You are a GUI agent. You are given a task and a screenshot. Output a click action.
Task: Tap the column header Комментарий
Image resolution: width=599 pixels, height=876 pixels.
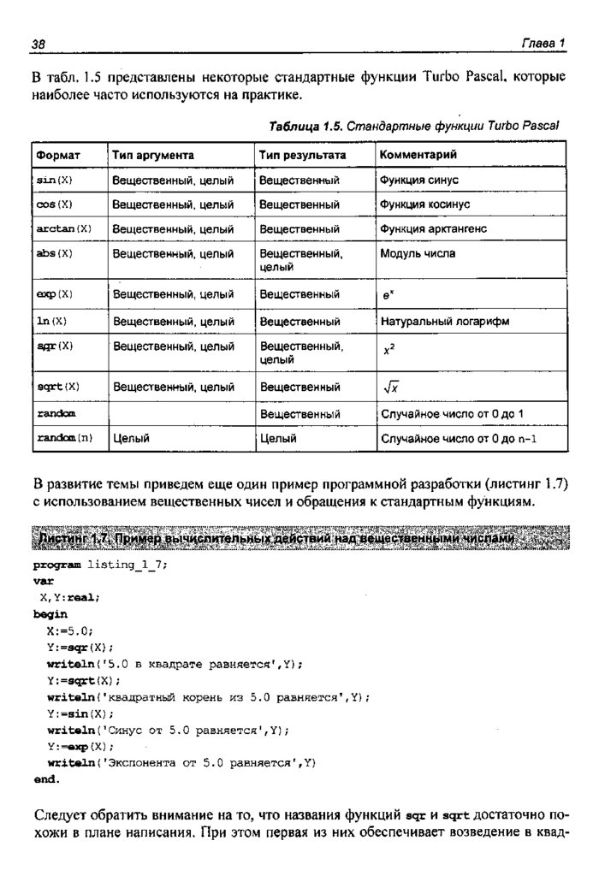(x=418, y=156)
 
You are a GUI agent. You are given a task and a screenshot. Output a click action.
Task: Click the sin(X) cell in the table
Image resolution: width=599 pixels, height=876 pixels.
(x=55, y=181)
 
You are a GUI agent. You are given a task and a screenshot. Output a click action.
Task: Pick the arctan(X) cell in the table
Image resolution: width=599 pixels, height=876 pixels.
(x=64, y=229)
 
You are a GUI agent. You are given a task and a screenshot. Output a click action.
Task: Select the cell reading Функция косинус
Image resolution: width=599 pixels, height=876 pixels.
(x=425, y=205)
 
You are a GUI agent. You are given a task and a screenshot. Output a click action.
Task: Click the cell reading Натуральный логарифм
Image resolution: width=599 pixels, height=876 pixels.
(x=445, y=322)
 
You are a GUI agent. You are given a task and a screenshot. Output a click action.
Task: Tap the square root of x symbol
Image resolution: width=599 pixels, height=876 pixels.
(x=392, y=388)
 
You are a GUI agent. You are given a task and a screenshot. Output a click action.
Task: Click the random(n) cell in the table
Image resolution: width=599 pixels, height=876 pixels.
(x=64, y=439)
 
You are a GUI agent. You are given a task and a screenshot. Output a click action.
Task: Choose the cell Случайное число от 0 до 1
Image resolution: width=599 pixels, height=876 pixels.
(x=452, y=414)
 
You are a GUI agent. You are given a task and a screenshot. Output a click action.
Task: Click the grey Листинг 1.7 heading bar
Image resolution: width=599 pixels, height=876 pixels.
(x=299, y=540)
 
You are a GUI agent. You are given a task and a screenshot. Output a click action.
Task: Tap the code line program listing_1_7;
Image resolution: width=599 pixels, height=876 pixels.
(x=101, y=565)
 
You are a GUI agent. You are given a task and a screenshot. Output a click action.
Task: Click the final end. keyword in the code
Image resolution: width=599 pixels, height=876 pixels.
(x=47, y=779)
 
